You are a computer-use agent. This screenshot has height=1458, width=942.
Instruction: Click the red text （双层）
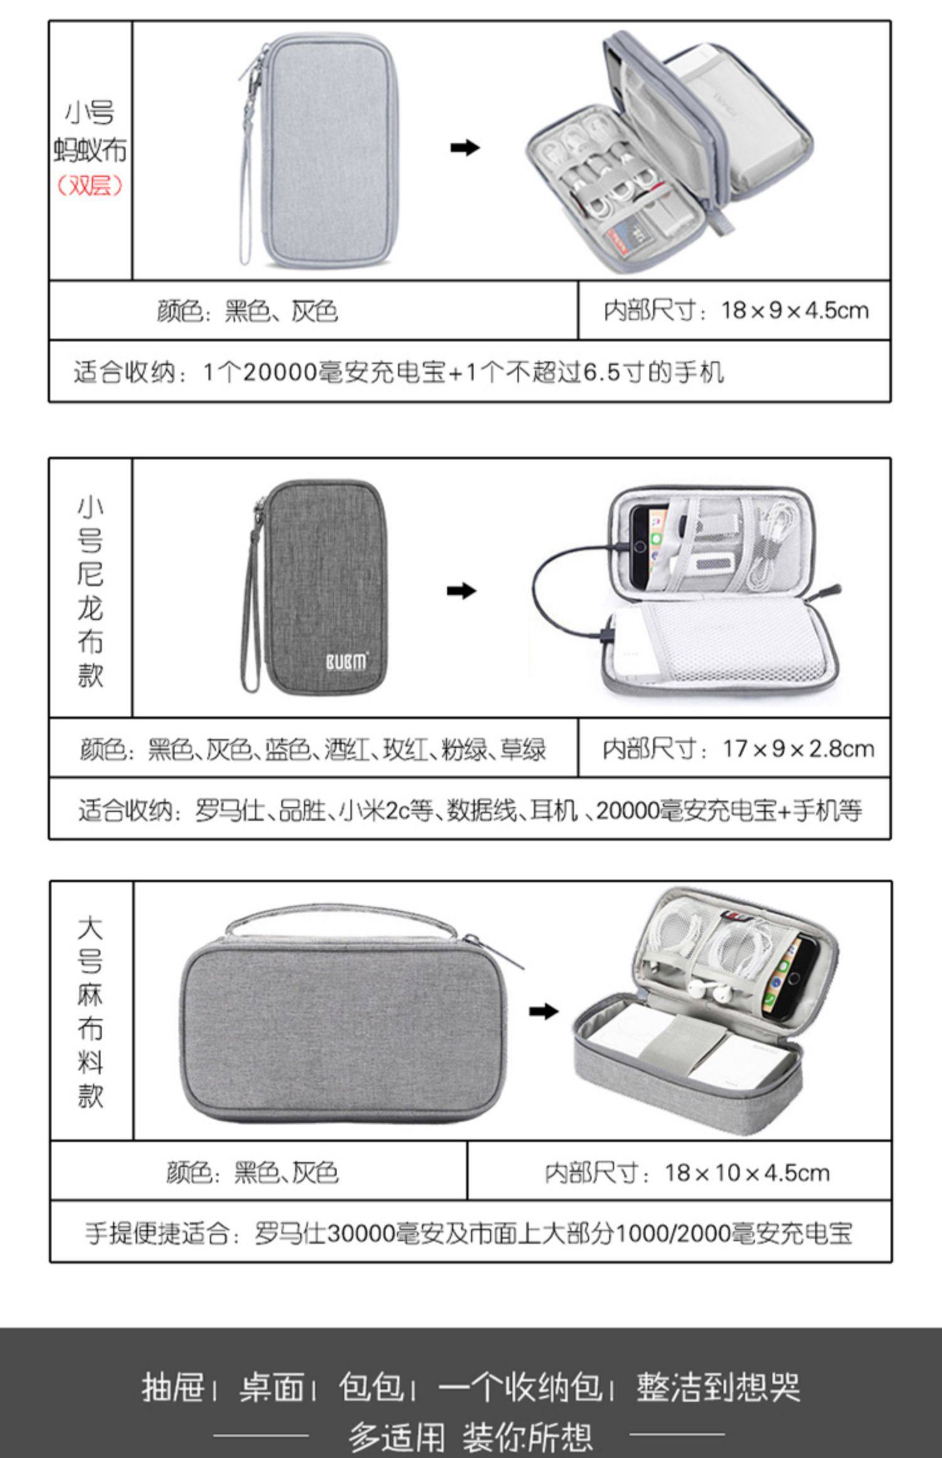(x=90, y=186)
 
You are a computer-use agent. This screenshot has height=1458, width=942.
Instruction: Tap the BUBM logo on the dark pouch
(x=345, y=662)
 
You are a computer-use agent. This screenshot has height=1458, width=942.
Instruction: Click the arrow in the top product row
(x=465, y=148)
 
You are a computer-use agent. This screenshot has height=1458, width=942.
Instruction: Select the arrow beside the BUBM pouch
(x=462, y=591)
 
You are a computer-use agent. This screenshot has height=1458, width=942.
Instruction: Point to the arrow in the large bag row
(x=543, y=1011)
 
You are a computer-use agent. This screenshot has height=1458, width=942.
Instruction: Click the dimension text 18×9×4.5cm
(x=794, y=310)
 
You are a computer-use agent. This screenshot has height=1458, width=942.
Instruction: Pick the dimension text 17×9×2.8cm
(x=798, y=748)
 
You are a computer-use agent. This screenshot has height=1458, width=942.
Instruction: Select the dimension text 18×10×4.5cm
(x=747, y=1172)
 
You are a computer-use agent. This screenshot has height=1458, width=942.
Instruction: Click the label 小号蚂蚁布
(x=90, y=132)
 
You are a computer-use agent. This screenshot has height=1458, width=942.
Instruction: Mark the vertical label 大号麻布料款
(x=90, y=1012)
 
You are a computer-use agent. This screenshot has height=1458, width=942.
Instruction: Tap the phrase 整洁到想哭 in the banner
(x=718, y=1387)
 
